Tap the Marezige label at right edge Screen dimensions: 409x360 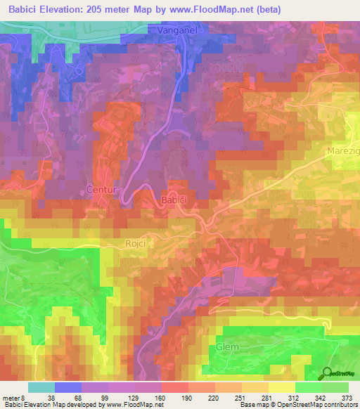click(x=343, y=151)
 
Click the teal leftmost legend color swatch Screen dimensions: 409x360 click(x=41, y=387)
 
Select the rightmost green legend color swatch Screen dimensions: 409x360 click(x=335, y=387)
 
